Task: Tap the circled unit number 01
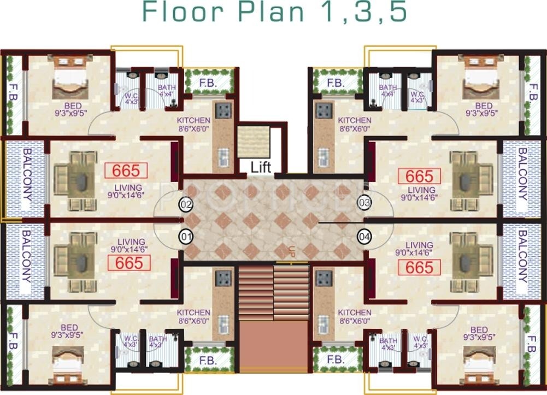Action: pyautogui.click(x=187, y=237)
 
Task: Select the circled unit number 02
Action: pyautogui.click(x=187, y=205)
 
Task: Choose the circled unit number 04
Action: pyautogui.click(x=364, y=237)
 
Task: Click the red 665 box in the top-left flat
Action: pyautogui.click(x=126, y=170)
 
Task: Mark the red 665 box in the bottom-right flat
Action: pyautogui.click(x=419, y=267)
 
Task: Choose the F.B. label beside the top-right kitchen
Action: pyautogui.click(x=335, y=83)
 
